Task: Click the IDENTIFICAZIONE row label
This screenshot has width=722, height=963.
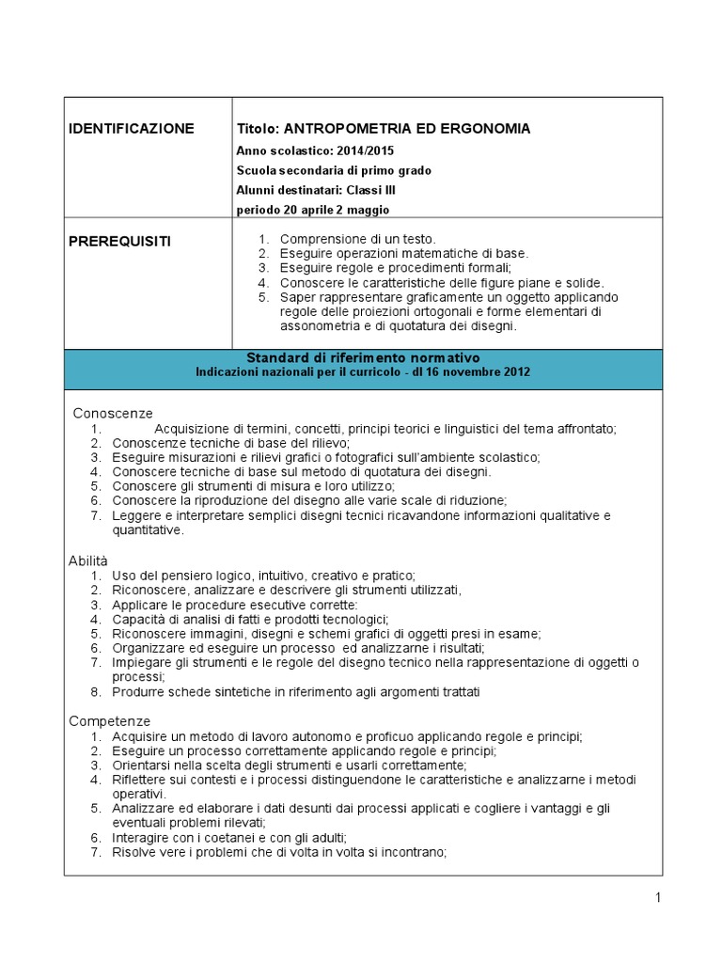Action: (x=132, y=129)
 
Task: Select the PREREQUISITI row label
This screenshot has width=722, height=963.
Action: (x=120, y=242)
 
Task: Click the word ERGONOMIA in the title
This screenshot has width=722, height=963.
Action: (x=477, y=129)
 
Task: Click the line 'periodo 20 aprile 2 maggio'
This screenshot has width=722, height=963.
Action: (x=311, y=210)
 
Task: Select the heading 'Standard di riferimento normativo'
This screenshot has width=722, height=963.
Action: (x=363, y=358)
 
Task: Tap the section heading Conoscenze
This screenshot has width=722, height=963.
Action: (x=113, y=413)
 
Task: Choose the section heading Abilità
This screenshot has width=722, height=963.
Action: (x=88, y=560)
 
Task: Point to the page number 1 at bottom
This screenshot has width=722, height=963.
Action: (x=658, y=898)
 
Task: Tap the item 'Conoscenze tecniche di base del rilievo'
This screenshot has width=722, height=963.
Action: (x=231, y=442)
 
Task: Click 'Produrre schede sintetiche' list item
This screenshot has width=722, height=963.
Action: (x=296, y=692)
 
